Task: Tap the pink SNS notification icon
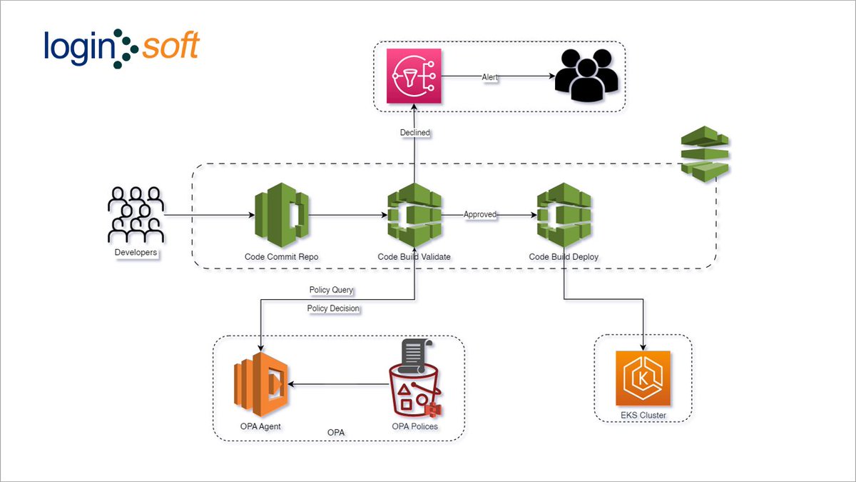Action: (x=414, y=76)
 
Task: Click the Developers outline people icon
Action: (x=136, y=214)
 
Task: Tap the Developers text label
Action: (x=136, y=252)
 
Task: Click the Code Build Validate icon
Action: (x=414, y=214)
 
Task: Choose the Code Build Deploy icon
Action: (x=564, y=214)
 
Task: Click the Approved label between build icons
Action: (x=480, y=214)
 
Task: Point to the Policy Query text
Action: (x=331, y=290)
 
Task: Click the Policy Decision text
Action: (x=333, y=308)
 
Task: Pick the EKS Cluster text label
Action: (x=643, y=414)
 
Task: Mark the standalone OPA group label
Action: (x=336, y=433)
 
